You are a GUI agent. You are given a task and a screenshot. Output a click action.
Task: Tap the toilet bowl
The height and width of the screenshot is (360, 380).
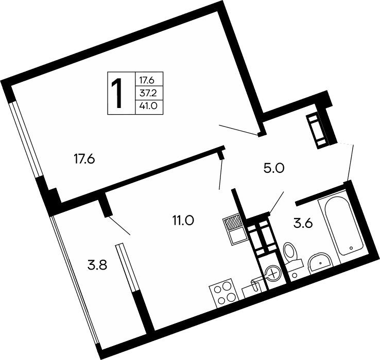[x=290, y=253]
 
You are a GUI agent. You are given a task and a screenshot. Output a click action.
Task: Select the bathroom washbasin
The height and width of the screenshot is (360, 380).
[x=319, y=263]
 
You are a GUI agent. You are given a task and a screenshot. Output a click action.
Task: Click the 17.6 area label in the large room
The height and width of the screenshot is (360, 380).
[x=84, y=159]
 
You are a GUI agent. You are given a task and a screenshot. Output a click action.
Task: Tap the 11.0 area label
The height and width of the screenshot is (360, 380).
[x=183, y=221]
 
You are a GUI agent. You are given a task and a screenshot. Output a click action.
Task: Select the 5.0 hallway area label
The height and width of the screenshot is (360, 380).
[x=274, y=168]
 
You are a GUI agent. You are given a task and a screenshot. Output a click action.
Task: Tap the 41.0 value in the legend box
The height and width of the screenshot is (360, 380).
[x=148, y=106]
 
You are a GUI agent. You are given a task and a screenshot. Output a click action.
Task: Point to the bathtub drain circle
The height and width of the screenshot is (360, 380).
[x=351, y=248]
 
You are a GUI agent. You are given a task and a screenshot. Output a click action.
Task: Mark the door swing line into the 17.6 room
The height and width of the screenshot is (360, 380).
[x=238, y=130]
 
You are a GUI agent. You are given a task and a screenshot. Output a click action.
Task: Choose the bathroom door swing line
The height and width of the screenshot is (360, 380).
[x=277, y=202]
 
